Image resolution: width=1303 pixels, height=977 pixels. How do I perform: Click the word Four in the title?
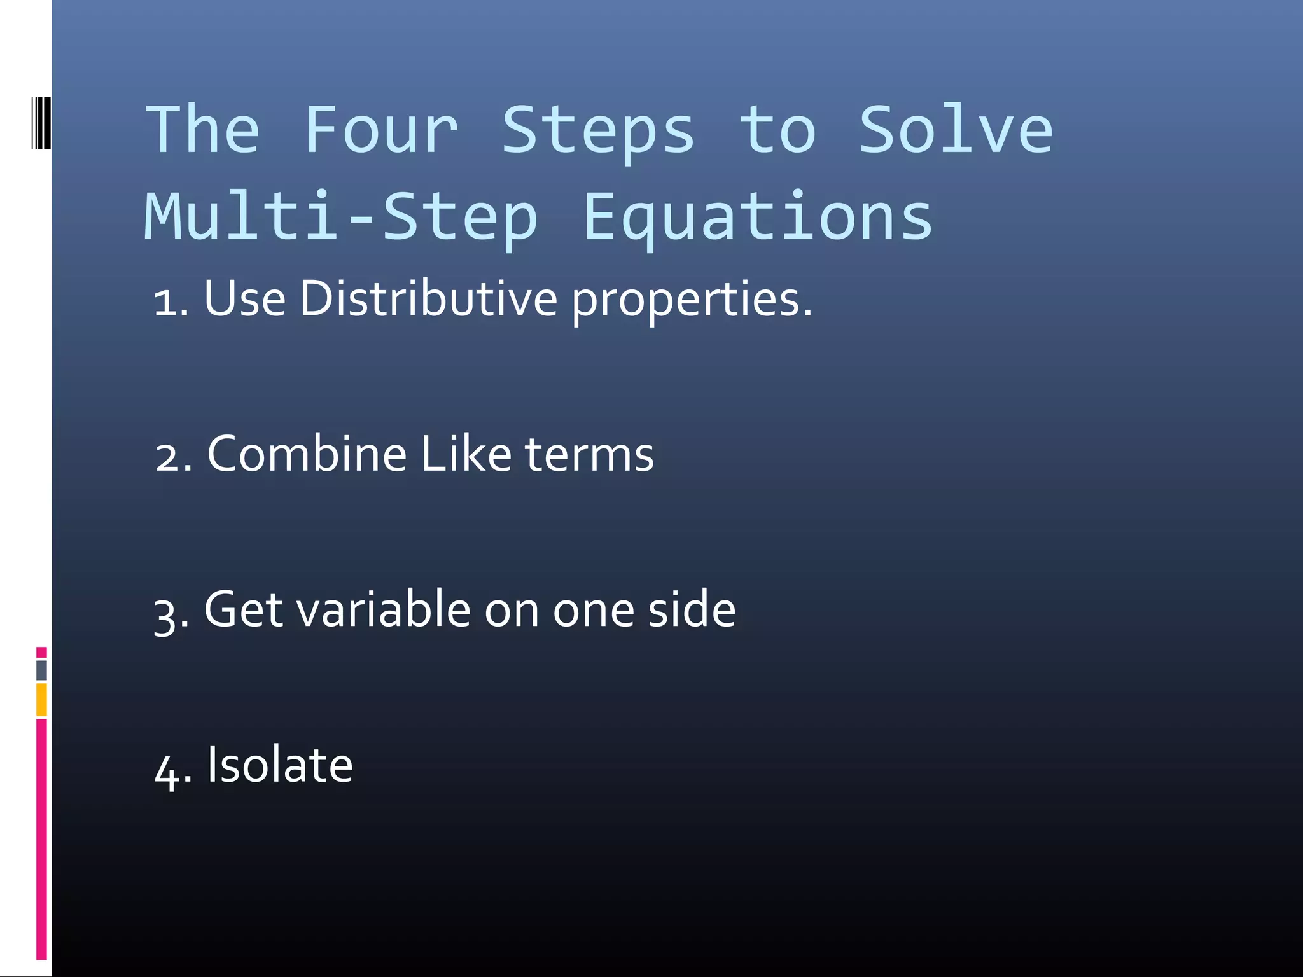click(x=380, y=130)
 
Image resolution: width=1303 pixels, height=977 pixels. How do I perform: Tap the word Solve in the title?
click(x=956, y=130)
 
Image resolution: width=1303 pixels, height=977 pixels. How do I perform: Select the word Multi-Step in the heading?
click(x=342, y=218)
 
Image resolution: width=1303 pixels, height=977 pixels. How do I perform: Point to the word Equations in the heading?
click(x=757, y=218)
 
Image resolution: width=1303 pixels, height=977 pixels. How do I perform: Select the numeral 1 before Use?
click(x=166, y=302)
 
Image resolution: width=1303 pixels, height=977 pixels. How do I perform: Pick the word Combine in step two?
click(x=307, y=454)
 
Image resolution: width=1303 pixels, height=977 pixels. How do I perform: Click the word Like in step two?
click(x=466, y=454)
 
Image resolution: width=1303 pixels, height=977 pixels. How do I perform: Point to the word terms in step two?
click(x=589, y=455)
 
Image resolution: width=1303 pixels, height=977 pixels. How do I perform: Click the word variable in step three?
click(x=383, y=609)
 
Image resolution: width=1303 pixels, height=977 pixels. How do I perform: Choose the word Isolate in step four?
click(x=280, y=765)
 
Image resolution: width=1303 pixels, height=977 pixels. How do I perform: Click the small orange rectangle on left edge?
click(x=41, y=700)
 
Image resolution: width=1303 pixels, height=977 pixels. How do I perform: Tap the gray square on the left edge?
click(x=41, y=670)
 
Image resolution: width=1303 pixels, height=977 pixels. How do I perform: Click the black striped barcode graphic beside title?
click(x=41, y=123)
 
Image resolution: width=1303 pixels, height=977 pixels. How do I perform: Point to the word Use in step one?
click(x=244, y=298)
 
